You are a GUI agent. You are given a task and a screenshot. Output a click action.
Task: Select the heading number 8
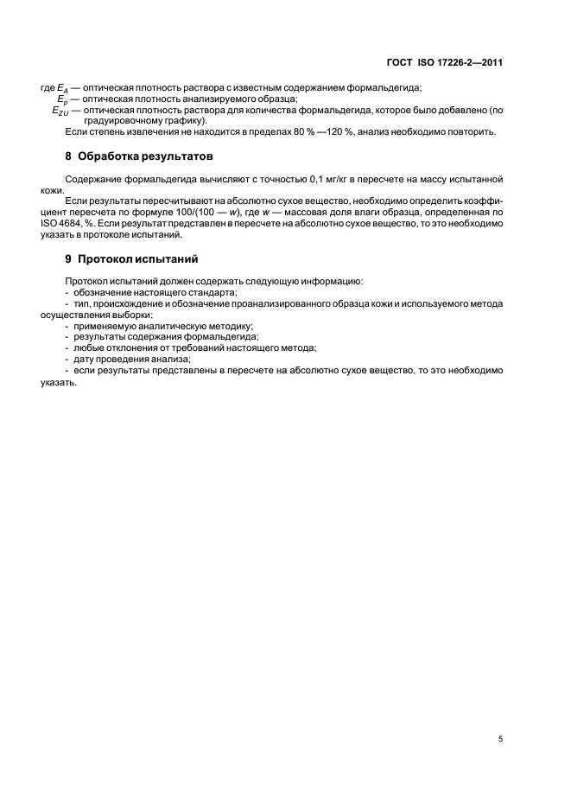(x=68, y=157)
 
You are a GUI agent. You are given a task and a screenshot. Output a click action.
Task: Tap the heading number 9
(x=68, y=259)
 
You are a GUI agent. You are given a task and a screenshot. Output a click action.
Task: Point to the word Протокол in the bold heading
(x=107, y=259)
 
